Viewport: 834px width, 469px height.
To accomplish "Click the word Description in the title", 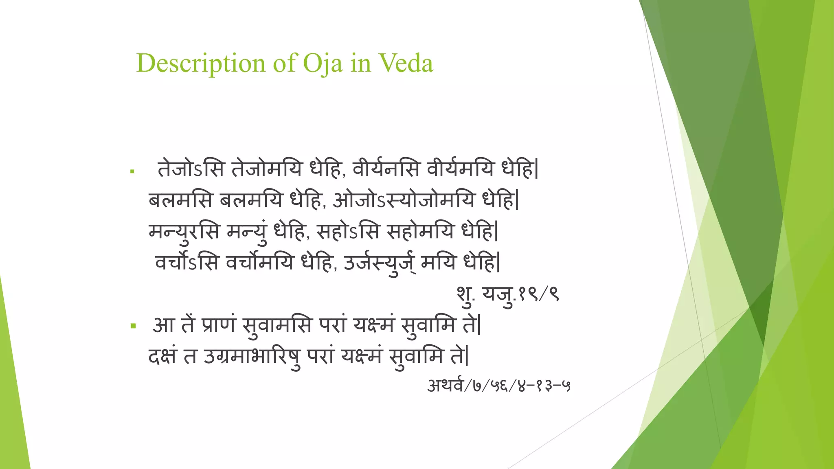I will (x=201, y=64).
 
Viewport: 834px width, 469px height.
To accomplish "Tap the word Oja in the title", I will (x=323, y=64).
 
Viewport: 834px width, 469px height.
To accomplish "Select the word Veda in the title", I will (x=406, y=64).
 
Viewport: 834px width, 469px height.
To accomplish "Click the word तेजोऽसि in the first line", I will (x=191, y=169).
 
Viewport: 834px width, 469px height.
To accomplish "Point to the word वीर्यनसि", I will (x=386, y=169).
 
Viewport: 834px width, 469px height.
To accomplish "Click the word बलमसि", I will (x=180, y=200).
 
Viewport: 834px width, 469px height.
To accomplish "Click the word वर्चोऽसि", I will (x=187, y=262).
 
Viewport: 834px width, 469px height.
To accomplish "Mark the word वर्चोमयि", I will (x=259, y=262).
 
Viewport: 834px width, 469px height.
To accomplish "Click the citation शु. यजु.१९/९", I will (x=507, y=294).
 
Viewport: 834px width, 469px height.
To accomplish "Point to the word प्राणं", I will (x=219, y=325).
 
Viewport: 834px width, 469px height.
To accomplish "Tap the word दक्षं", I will (x=162, y=356).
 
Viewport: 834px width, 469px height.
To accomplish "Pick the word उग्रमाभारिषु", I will (x=252, y=356).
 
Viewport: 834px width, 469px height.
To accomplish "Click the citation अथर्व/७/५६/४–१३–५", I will (x=498, y=385).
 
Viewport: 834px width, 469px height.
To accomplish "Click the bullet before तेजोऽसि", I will (x=132, y=171).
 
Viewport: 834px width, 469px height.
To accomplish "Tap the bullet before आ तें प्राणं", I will (x=133, y=326).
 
